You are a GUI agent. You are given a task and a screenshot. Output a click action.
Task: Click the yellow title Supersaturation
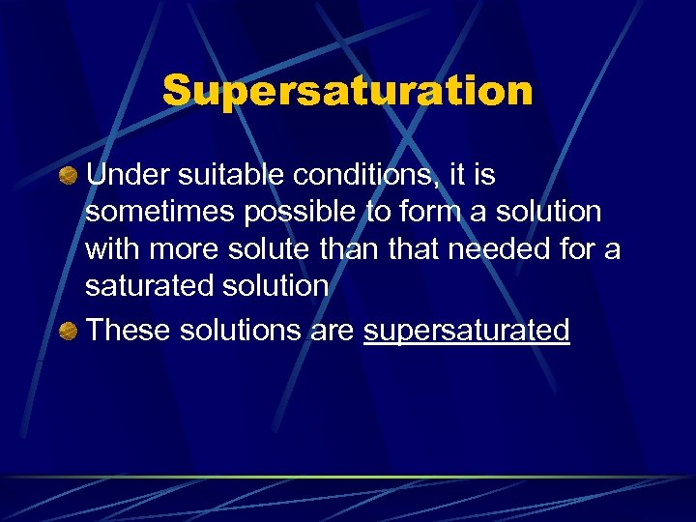pyautogui.click(x=348, y=92)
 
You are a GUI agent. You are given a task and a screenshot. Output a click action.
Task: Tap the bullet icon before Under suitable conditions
pyautogui.click(x=68, y=176)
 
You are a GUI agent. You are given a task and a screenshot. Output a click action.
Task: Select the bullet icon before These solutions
pyautogui.click(x=68, y=332)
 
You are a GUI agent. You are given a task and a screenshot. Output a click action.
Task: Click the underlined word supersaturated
pyautogui.click(x=467, y=332)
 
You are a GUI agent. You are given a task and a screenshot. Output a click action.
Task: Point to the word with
pyautogui.click(x=110, y=248)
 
